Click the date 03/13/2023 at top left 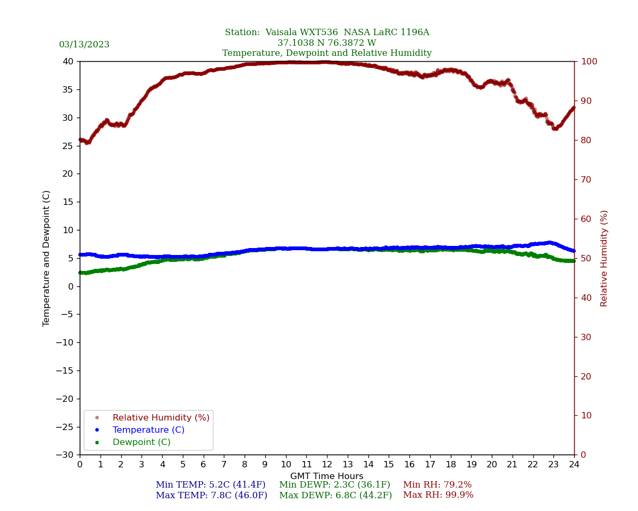pyautogui.click(x=84, y=45)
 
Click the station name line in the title pyautogui.click(x=326, y=32)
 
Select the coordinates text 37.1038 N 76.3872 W pyautogui.click(x=326, y=43)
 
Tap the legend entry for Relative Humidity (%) pyautogui.click(x=161, y=418)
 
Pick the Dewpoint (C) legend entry pyautogui.click(x=141, y=442)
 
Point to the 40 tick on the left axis pyautogui.click(x=68, y=61)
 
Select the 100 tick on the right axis pyautogui.click(x=587, y=61)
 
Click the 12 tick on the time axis pyautogui.click(x=326, y=465)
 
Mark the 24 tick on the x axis pyautogui.click(x=574, y=465)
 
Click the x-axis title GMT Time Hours pyautogui.click(x=326, y=476)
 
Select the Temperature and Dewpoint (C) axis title pyautogui.click(x=47, y=258)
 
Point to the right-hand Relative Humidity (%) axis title pyautogui.click(x=604, y=258)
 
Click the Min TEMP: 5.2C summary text pyautogui.click(x=211, y=485)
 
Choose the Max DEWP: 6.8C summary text pyautogui.click(x=335, y=496)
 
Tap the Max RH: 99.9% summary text pyautogui.click(x=438, y=495)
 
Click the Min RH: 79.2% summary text pyautogui.click(x=437, y=485)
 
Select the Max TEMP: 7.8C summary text pyautogui.click(x=212, y=496)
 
